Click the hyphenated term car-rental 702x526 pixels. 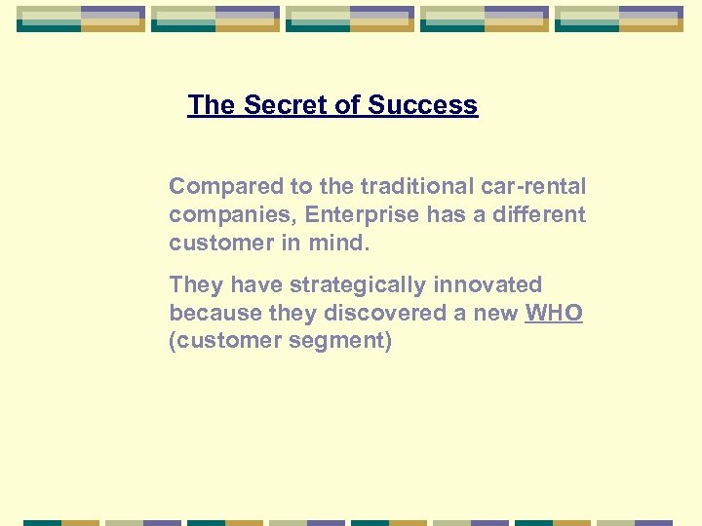(x=536, y=186)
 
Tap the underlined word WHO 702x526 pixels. (x=554, y=314)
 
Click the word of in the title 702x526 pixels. (x=347, y=105)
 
